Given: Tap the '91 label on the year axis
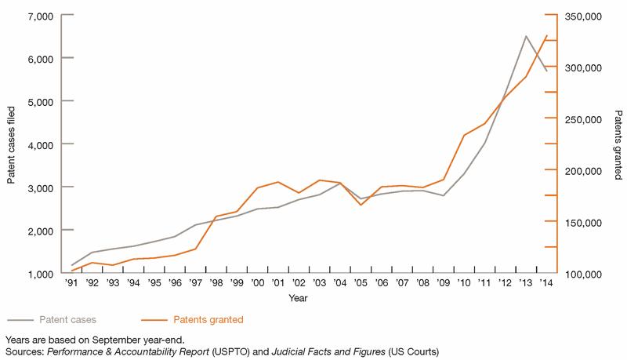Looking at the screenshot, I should coord(72,283).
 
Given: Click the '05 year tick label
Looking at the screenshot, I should coord(361,283).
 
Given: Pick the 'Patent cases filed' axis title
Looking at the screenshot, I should coord(12,145).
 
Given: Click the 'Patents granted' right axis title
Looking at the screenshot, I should coord(618,145).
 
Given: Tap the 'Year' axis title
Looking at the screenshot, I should coord(298,298).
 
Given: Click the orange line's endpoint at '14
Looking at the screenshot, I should coord(547,35).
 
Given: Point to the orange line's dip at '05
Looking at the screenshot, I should coord(361,205).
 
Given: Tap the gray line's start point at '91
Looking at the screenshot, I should coord(72,265).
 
